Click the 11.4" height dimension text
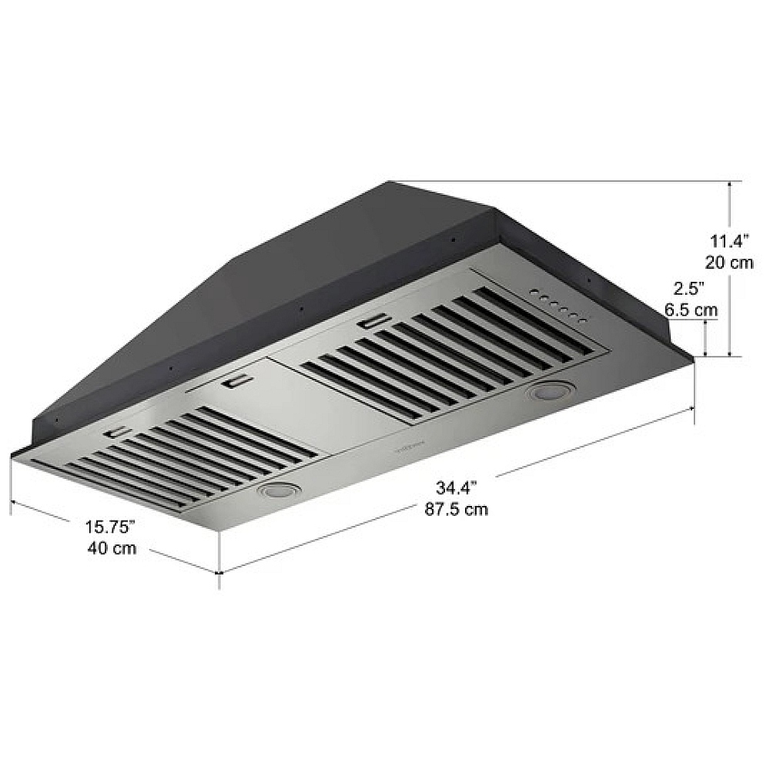pyautogui.click(x=728, y=241)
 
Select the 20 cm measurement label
pyautogui.click(x=728, y=263)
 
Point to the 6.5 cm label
pyautogui.click(x=691, y=310)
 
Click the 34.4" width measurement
pyautogui.click(x=457, y=487)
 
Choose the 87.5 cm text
pyautogui.click(x=457, y=509)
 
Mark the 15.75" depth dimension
pyautogui.click(x=110, y=527)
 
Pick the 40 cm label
pyautogui.click(x=112, y=549)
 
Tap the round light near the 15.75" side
pyautogui.click(x=277, y=489)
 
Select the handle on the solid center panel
pyautogui.click(x=235, y=381)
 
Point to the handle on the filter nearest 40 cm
pyautogui.click(x=117, y=434)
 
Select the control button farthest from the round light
pyautogui.click(x=534, y=293)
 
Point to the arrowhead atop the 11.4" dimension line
pyautogui.click(x=730, y=186)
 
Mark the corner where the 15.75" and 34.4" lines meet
pyautogui.click(x=220, y=573)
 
